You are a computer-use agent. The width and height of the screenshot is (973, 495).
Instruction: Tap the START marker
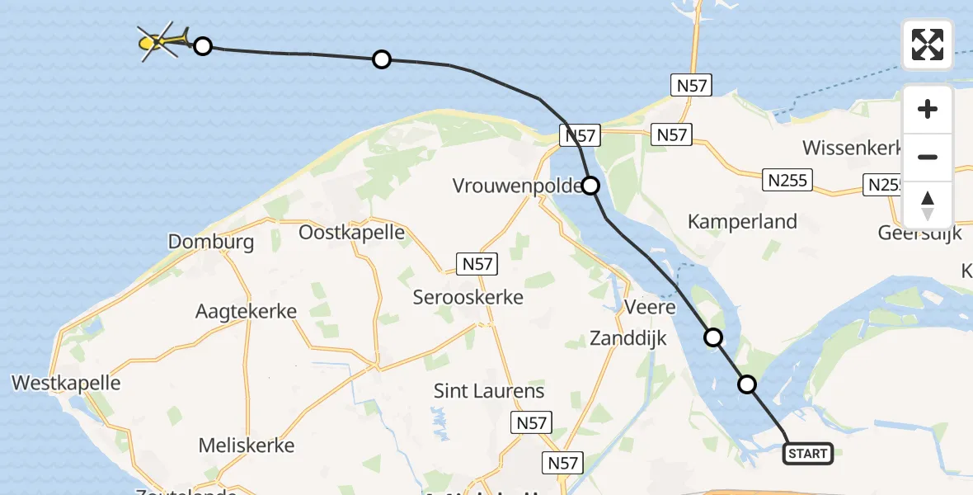click(x=807, y=453)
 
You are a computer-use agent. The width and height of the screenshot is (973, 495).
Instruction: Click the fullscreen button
click(x=928, y=45)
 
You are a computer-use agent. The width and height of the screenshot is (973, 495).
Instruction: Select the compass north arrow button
click(x=928, y=205)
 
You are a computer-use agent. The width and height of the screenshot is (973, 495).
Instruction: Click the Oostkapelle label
click(x=352, y=233)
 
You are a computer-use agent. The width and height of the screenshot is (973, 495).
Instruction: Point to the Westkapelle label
click(x=66, y=383)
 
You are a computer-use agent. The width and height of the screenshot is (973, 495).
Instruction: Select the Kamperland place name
click(x=742, y=221)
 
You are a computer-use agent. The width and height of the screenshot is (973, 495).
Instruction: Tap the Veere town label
click(x=650, y=308)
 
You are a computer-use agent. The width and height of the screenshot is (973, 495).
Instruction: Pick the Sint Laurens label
click(x=489, y=391)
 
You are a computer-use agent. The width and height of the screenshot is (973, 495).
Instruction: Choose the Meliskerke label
click(x=247, y=445)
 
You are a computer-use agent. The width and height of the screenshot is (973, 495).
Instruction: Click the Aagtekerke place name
click(x=246, y=311)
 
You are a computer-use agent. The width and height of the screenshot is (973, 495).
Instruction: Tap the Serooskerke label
click(x=468, y=297)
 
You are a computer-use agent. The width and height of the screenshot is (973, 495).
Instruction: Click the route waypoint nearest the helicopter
click(x=203, y=46)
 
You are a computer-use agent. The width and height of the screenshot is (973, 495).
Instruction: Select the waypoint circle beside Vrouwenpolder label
click(x=591, y=186)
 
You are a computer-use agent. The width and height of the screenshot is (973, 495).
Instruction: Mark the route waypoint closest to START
click(x=747, y=384)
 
